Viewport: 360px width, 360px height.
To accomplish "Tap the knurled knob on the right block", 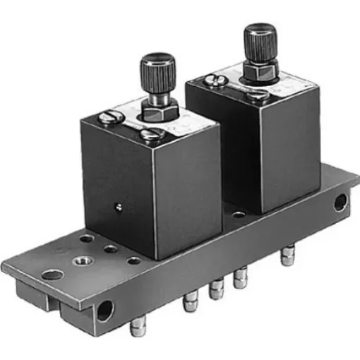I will click(x=258, y=38).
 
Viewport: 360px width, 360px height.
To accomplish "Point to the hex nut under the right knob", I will click(x=256, y=73).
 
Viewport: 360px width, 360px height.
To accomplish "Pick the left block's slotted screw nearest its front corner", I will click(x=151, y=134).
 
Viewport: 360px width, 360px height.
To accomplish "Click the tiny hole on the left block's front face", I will click(x=118, y=207).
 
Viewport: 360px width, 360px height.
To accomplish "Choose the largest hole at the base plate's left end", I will click(x=52, y=274).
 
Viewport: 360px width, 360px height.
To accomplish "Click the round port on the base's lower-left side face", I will click(x=104, y=310).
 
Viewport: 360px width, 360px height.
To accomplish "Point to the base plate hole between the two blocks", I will click(x=239, y=215).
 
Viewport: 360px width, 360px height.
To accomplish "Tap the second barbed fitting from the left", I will click(x=189, y=304).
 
